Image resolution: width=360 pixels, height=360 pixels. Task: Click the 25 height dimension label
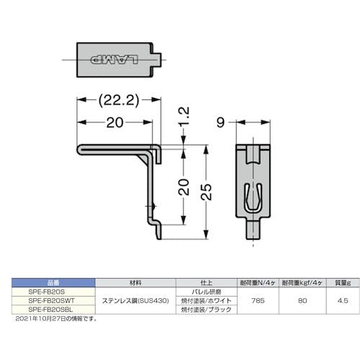207,189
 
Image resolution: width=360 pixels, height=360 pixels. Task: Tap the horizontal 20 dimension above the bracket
114,124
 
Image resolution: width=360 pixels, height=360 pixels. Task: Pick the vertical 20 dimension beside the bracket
184,186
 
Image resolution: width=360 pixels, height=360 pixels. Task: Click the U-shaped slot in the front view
253,195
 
